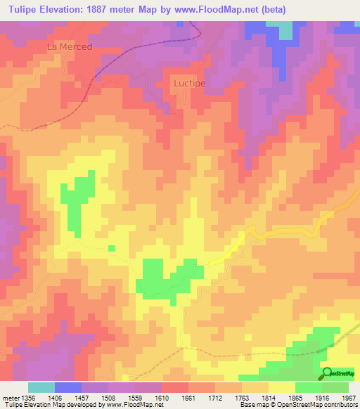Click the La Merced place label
coord(70,46)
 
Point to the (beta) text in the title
coord(271,9)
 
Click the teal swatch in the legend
coord(41,387)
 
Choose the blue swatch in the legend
coord(68,387)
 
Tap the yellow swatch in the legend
coord(282,387)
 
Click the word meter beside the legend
coord(9,398)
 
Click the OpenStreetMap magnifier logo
coord(328,373)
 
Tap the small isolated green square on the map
coord(112,247)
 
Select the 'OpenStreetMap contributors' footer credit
coord(322,405)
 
